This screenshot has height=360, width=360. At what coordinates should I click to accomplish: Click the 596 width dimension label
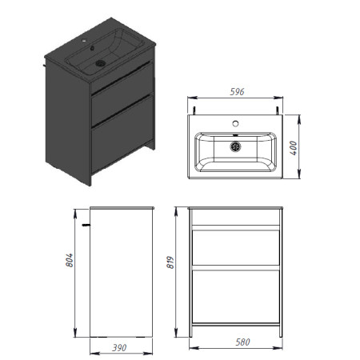237,92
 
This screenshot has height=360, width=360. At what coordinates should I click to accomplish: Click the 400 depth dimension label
293,148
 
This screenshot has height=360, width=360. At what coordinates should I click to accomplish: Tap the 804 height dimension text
70,260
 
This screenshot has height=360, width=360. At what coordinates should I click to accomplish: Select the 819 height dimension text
170,262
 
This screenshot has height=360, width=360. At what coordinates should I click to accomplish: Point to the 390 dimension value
119,348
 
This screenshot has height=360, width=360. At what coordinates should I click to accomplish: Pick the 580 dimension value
242,342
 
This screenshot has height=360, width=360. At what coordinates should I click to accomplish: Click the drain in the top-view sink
235,146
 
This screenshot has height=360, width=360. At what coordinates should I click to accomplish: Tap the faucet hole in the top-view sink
235,123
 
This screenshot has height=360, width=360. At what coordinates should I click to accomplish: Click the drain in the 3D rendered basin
101,63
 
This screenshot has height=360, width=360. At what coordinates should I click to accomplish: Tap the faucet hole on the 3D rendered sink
84,41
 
